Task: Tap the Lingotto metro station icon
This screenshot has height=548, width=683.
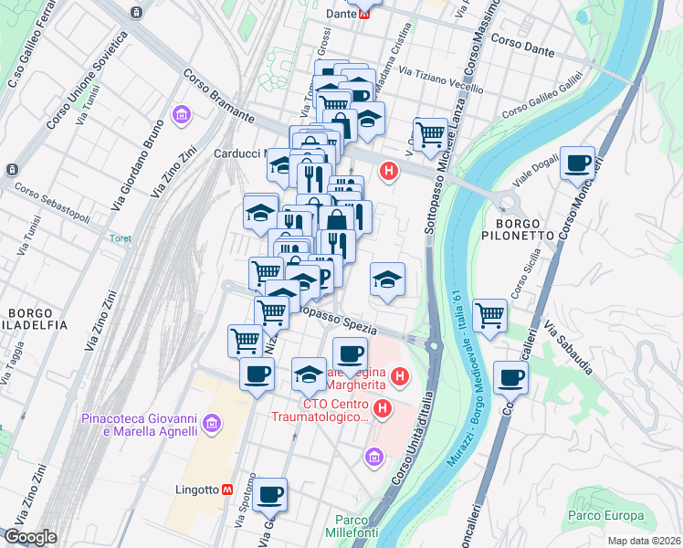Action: click(227, 490)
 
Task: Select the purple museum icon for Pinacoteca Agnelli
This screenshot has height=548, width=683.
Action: click(213, 422)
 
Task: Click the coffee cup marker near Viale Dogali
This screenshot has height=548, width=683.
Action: click(577, 163)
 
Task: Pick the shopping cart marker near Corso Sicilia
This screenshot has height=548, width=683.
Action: click(490, 316)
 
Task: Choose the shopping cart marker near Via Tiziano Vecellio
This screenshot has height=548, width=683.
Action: click(430, 135)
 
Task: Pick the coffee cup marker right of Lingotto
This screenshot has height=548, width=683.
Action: click(269, 495)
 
